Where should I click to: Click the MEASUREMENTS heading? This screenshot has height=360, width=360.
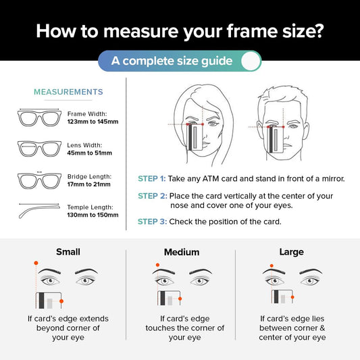click(68, 92)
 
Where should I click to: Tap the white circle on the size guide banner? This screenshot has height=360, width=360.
click(251, 61)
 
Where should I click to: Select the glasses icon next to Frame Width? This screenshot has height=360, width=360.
click(39, 118)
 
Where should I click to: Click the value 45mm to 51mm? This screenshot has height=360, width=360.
click(90, 153)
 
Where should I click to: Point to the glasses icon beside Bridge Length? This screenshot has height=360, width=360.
click(39, 180)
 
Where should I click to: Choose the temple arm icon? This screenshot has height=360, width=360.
click(39, 211)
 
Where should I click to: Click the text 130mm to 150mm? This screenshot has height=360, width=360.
click(93, 215)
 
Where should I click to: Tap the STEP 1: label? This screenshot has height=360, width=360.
click(151, 178)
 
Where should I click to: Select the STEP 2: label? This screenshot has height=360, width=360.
click(153, 196)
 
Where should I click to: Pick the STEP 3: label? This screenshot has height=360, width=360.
click(152, 222)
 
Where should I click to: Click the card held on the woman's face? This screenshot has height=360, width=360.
click(195, 137)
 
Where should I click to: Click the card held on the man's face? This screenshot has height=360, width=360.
click(276, 140)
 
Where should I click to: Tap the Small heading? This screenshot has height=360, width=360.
click(68, 252)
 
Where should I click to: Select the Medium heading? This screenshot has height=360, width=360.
click(182, 252)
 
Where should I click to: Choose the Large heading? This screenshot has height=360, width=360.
click(292, 252)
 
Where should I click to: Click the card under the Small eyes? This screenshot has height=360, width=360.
click(49, 301)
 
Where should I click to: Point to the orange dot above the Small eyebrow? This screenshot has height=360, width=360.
click(36, 263)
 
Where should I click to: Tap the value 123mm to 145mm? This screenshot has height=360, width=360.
click(93, 122)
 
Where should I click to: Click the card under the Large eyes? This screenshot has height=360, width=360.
click(282, 297)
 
